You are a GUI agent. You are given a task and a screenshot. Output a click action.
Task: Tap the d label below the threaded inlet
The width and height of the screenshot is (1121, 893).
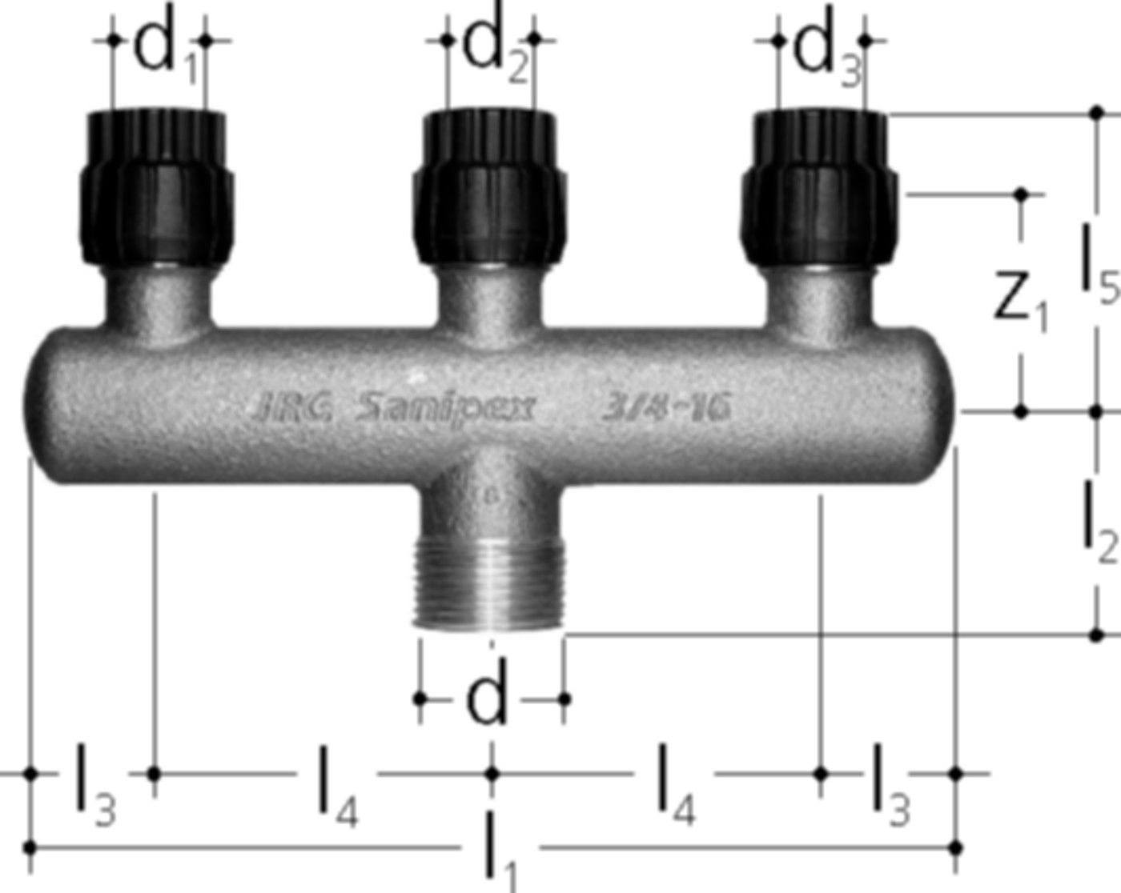coord(487,699)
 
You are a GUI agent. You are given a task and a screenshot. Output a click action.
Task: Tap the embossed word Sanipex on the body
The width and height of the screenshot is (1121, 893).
coord(444,410)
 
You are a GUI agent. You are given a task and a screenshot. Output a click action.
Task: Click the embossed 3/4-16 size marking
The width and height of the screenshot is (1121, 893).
coord(665,409)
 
